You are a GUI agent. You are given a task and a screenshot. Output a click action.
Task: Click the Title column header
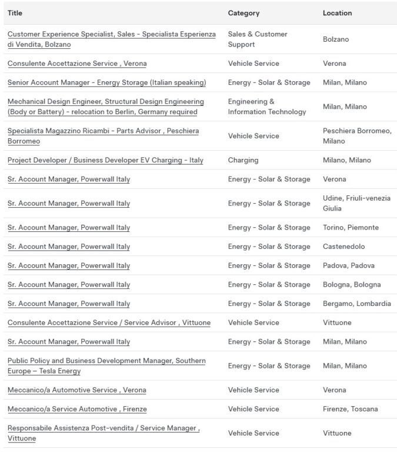pyautogui.click(x=15, y=13)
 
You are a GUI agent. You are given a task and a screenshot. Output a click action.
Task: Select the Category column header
pyautogui.click(x=243, y=13)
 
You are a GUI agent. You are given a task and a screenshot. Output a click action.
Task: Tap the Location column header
pyautogui.click(x=337, y=13)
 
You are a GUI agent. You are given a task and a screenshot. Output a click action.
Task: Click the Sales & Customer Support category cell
pyautogui.click(x=258, y=39)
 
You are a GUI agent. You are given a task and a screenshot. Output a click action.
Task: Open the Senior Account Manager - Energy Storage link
pyautogui.click(x=106, y=82)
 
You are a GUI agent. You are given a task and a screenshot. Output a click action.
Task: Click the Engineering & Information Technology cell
pyautogui.click(x=267, y=107)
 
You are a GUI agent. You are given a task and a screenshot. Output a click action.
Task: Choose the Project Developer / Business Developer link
pyautogui.click(x=105, y=160)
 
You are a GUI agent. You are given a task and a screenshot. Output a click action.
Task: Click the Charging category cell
pyautogui.click(x=243, y=160)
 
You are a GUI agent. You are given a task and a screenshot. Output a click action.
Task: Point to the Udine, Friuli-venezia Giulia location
pyautogui.click(x=356, y=204)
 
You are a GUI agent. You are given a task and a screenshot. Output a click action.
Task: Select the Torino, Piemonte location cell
pyautogui.click(x=351, y=228)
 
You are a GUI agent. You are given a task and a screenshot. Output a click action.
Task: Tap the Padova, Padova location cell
pyautogui.click(x=348, y=265)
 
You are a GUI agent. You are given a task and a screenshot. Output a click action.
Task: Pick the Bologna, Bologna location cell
pyautogui.click(x=352, y=285)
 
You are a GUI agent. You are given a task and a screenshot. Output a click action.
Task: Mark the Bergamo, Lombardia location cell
pyautogui.click(x=356, y=304)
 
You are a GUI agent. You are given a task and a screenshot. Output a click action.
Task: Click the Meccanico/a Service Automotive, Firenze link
pyautogui.click(x=77, y=409)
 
